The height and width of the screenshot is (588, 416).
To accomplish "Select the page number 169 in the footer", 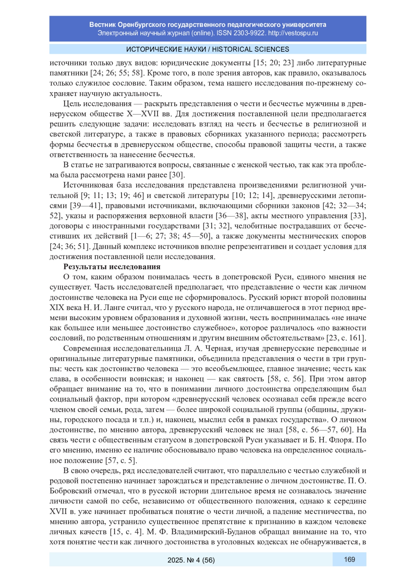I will tap(349, 559).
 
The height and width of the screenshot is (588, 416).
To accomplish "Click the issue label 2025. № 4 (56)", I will tap(191, 560).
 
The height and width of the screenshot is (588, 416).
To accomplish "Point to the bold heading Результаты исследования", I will tap(112, 267).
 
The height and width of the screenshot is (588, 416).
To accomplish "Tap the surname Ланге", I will tap(107, 308).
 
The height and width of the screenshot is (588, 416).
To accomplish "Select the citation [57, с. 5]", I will tap(121, 460).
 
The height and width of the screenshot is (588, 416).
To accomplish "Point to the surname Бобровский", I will tap(71, 491).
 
